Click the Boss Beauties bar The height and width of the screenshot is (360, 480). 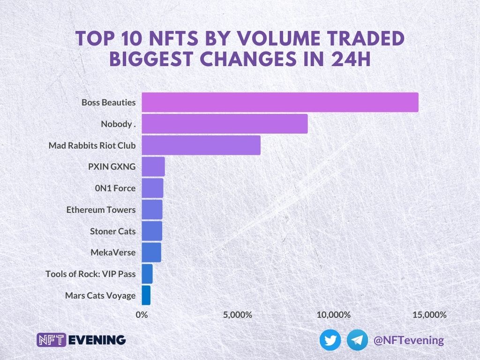280,102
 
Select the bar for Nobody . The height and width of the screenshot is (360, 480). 225,124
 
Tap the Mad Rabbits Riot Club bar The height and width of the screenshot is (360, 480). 201,145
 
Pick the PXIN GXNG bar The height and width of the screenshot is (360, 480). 153,167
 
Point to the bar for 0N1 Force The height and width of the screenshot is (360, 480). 152,188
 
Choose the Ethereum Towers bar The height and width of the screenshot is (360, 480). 152,210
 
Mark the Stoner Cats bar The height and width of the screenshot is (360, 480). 152,231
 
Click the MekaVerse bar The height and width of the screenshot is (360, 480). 151,253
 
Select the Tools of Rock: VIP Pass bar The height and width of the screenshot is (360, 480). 147,274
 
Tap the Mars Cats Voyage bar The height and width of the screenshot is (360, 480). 146,295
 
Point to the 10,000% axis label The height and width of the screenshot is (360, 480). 333,315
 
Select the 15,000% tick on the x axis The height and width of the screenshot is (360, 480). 429,315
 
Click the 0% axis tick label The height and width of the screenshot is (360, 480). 142,315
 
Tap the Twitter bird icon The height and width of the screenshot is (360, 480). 330,340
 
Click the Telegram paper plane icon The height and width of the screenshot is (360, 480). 358,340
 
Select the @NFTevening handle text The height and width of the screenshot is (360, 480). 408,340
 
